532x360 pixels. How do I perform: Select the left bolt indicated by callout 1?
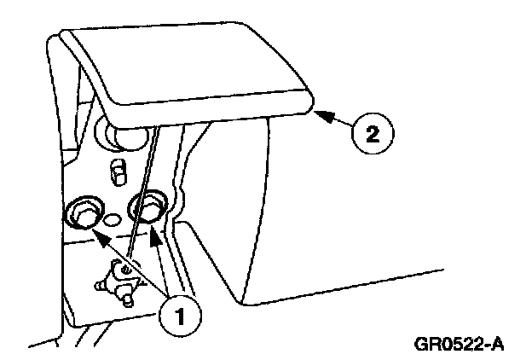click(x=84, y=213)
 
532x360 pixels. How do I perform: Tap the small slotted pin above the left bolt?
click(x=119, y=171)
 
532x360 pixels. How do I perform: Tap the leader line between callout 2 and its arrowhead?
click(x=340, y=121)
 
